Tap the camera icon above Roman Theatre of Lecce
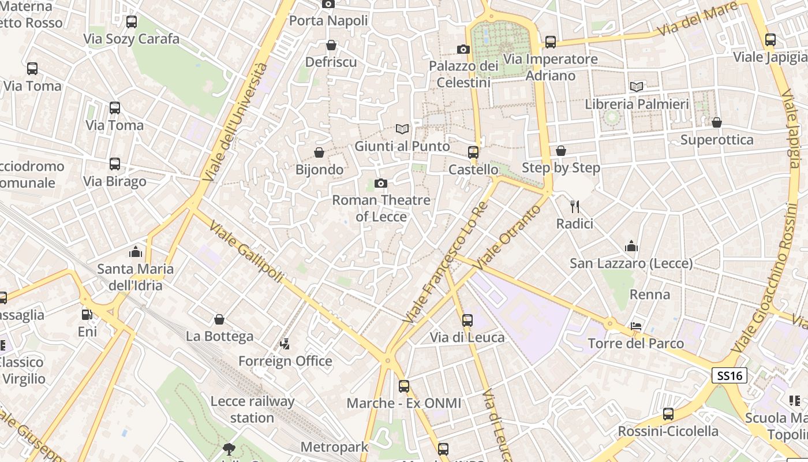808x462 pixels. point(380,184)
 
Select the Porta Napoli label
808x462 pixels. point(328,21)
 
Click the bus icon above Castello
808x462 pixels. point(473,152)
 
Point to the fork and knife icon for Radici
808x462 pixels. point(574,206)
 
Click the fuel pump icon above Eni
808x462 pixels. point(87,315)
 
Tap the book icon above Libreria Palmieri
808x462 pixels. point(637,87)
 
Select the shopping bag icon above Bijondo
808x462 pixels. point(319,152)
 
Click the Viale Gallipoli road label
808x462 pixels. point(246,252)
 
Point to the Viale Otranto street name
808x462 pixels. point(508,237)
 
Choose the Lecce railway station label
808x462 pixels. point(252,409)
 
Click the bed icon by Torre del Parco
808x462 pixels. point(636,327)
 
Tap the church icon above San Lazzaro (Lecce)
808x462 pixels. point(631,247)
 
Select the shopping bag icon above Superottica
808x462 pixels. point(716,122)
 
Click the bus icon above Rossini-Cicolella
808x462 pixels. point(668,414)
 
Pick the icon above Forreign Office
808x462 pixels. point(285,344)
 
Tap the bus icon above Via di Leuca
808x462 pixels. point(467,320)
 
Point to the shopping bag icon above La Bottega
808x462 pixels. point(219,319)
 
